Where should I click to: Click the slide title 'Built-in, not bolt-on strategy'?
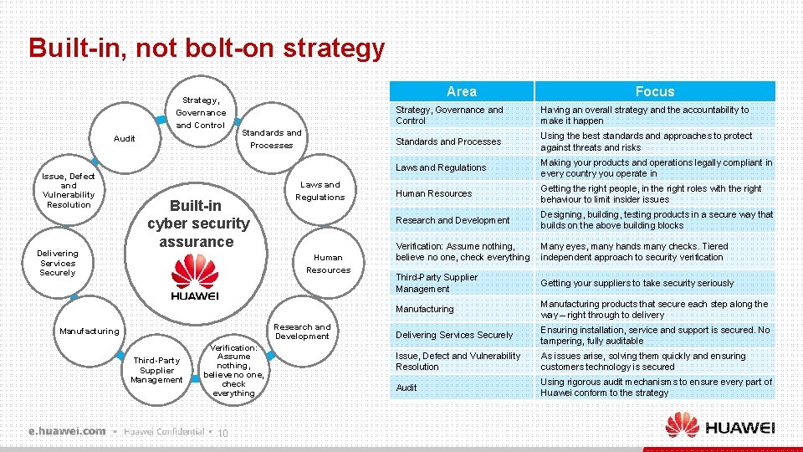[207, 48]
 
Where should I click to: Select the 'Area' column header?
[461, 91]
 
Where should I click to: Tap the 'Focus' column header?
[654, 91]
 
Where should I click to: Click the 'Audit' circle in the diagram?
[124, 138]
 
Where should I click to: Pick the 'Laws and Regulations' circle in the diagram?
[320, 191]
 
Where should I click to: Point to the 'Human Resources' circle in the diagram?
[328, 264]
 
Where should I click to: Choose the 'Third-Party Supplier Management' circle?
[156, 370]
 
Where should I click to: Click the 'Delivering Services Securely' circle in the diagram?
[58, 263]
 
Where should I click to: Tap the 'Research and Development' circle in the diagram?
[302, 331]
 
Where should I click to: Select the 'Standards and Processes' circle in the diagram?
[271, 139]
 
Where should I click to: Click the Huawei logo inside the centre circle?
[194, 278]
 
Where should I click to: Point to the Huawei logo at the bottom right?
[720, 426]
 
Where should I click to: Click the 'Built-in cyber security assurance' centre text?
[198, 223]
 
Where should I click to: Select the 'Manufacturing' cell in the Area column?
[425, 309]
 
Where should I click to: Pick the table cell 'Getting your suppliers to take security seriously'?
[637, 283]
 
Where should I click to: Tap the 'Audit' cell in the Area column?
[407, 388]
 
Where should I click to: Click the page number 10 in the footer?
[222, 433]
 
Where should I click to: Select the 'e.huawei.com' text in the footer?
[67, 431]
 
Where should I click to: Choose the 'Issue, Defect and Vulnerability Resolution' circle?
[69, 191]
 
